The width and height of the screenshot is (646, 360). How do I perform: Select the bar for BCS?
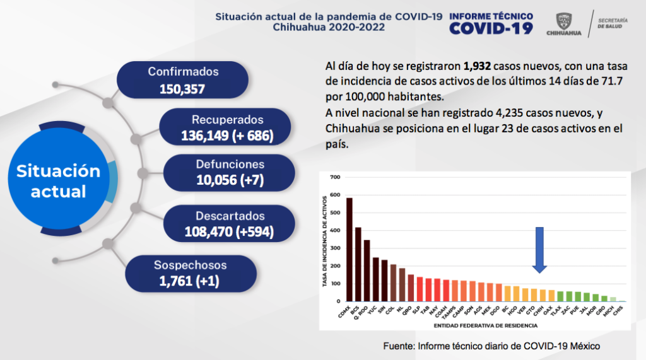pos(358,264)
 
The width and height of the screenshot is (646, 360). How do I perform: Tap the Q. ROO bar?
pos(367,270)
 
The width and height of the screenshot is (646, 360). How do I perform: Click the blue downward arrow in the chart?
pos(539,249)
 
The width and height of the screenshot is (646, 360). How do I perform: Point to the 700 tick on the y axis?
pos(334,177)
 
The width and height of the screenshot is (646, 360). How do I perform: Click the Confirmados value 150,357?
pos(182,89)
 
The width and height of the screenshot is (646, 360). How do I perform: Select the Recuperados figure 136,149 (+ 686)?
pos(227,135)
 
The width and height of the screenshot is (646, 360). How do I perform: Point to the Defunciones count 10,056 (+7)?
pos(230,181)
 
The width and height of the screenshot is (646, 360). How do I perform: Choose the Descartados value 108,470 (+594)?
pos(229,232)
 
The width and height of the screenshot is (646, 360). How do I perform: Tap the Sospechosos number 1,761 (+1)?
pos(189,281)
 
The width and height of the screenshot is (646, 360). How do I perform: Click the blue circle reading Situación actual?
pos(58,181)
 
